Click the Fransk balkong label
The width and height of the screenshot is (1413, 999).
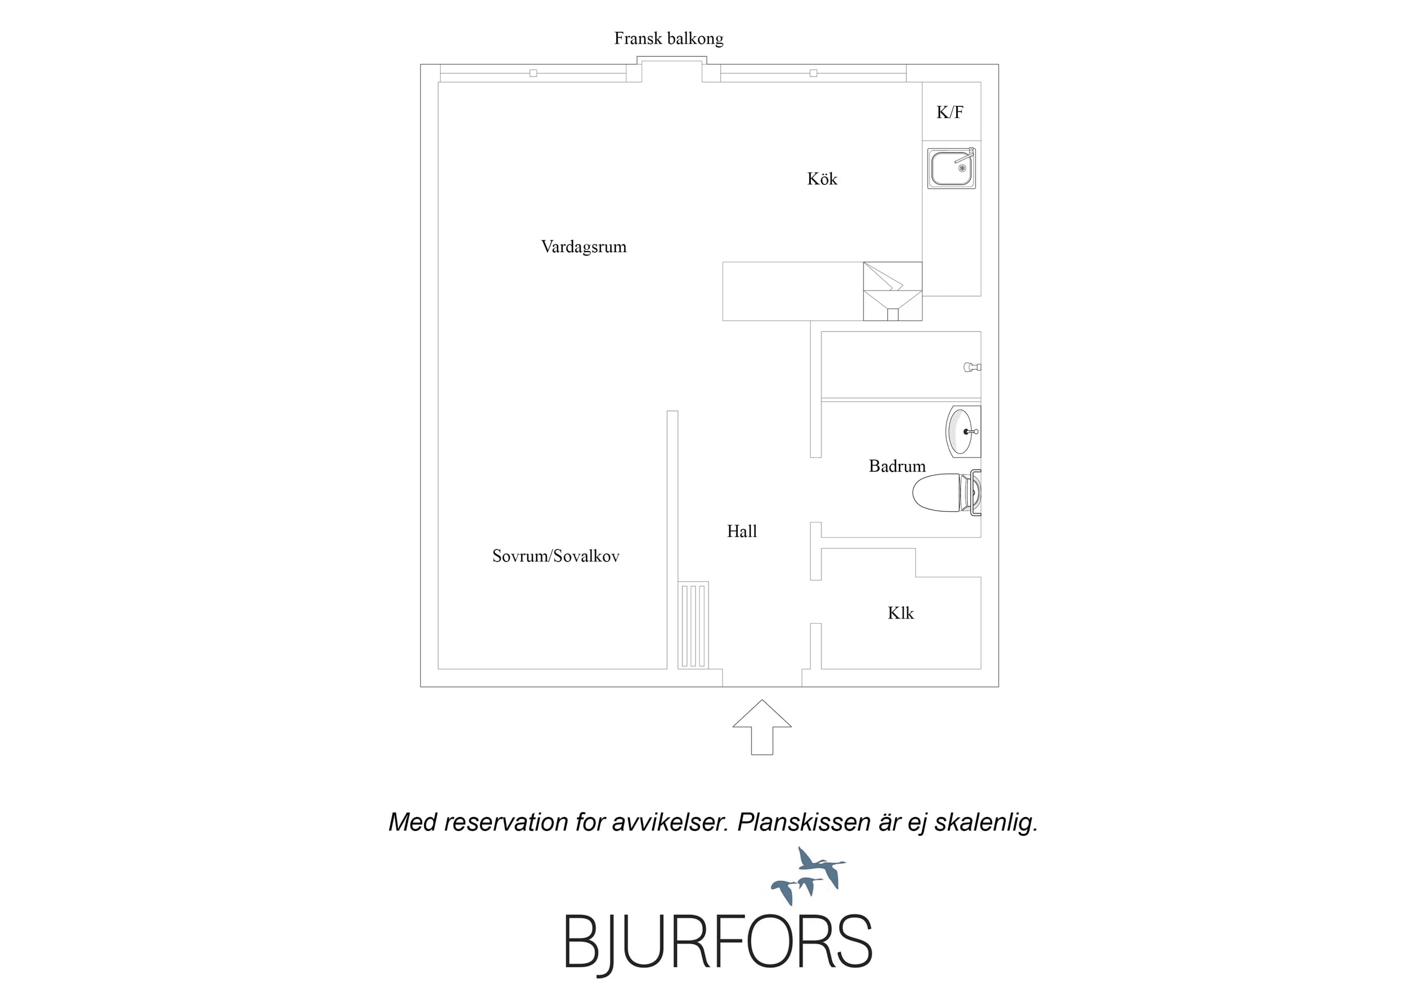click(668, 39)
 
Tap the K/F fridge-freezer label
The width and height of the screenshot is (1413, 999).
click(949, 112)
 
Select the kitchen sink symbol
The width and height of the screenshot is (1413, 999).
click(952, 167)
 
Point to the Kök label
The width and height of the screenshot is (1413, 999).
click(822, 179)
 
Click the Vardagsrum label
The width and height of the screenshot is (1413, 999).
click(584, 247)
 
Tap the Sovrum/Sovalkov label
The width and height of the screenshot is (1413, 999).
click(556, 556)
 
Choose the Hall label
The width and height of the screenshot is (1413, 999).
click(742, 531)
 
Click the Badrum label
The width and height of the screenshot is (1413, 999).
click(897, 466)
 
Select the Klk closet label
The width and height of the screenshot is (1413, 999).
click(900, 613)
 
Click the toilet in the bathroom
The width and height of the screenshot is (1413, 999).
click(947, 492)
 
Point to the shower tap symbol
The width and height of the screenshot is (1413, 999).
click(973, 367)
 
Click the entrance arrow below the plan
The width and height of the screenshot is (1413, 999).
click(762, 728)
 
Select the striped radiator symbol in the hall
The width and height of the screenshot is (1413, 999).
click(694, 625)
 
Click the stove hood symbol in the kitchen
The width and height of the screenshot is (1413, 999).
click(892, 291)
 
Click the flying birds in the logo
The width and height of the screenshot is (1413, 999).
click(808, 875)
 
